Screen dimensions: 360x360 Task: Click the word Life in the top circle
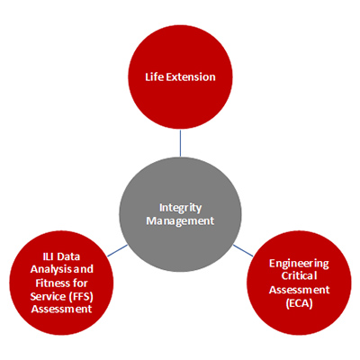(155, 76)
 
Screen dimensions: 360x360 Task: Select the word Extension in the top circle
(191, 76)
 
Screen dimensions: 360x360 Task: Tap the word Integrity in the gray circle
(180, 208)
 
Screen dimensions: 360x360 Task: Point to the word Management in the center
(180, 221)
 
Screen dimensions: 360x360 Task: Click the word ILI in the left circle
(48, 256)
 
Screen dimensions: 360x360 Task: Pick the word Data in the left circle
(68, 256)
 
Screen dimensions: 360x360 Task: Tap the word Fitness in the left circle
(49, 283)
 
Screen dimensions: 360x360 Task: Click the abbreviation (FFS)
(81, 296)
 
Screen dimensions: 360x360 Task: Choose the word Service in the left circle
(48, 296)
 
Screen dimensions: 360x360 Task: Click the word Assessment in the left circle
(61, 309)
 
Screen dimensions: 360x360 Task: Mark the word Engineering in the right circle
(299, 264)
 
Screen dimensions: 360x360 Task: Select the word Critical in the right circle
(299, 275)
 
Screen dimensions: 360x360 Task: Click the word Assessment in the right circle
(299, 290)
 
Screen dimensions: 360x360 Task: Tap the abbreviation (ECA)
(299, 303)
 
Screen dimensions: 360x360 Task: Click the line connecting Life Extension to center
(180, 143)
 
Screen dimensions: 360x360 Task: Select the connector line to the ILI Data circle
(117, 251)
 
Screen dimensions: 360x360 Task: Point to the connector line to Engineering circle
(243, 250)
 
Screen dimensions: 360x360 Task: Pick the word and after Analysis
(82, 270)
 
